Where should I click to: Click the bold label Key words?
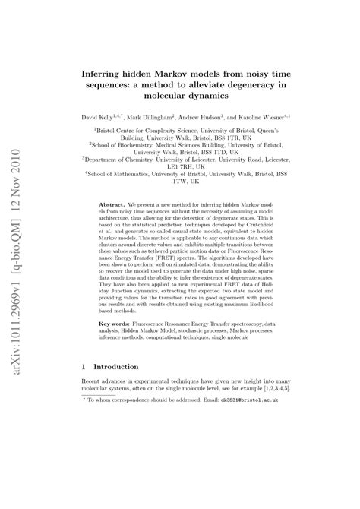pos(118,323)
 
